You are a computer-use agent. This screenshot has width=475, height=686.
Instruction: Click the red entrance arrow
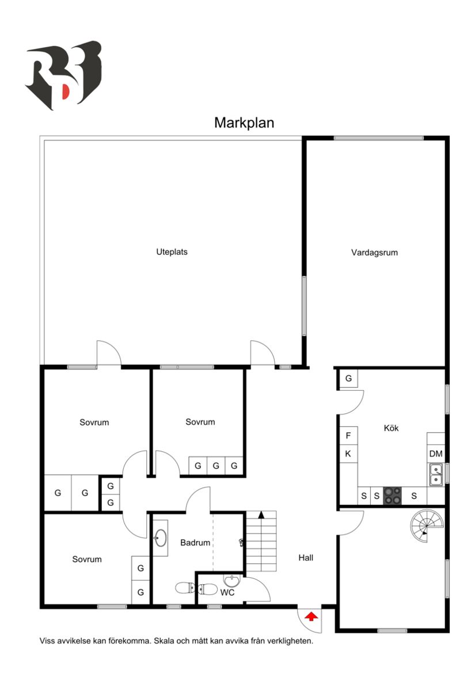(x=311, y=616)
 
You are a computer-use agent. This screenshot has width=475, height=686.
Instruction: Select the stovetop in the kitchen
(x=393, y=495)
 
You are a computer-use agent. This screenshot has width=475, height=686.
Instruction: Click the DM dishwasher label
(x=436, y=453)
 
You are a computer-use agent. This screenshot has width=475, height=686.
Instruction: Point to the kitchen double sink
(x=436, y=474)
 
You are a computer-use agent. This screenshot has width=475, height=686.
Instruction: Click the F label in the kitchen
(x=348, y=436)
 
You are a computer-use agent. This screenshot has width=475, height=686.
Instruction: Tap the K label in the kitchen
(x=348, y=453)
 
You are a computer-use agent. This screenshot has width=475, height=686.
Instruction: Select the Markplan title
(x=244, y=123)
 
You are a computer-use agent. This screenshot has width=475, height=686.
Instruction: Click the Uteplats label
(x=172, y=251)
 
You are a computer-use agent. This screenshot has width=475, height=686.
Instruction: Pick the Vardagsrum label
(x=374, y=252)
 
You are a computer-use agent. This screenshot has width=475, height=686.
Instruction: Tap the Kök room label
(x=391, y=428)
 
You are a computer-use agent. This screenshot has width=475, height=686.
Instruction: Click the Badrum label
(x=195, y=542)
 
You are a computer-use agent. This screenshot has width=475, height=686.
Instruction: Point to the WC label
(x=227, y=592)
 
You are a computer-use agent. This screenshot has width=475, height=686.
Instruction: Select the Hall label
(x=306, y=557)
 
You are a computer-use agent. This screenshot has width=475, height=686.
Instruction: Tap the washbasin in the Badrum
(x=161, y=538)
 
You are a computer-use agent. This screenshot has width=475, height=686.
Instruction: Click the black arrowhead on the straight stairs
(x=261, y=515)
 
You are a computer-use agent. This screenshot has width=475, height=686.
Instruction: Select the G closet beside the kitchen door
(x=348, y=379)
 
